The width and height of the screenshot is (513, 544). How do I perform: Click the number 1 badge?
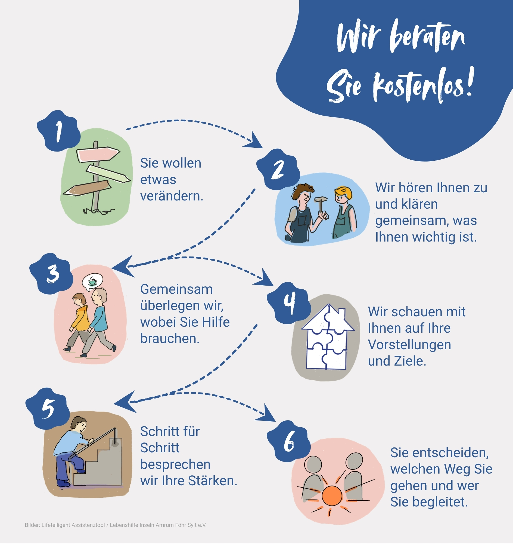point(58,131)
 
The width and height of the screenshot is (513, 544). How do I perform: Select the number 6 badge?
point(288,441)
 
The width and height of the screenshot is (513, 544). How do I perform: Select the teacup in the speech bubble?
point(92,281)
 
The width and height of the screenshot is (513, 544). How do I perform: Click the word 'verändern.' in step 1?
point(172,196)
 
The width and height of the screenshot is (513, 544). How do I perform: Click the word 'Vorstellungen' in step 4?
point(409,345)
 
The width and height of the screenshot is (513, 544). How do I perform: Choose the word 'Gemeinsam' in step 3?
point(176,289)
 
